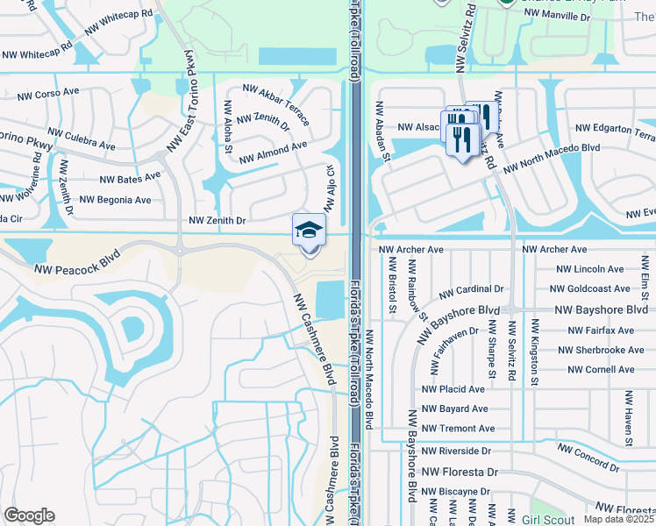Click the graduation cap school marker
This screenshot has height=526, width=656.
309,231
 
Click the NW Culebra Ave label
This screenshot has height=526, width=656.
82,139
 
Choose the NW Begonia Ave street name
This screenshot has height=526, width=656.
115,200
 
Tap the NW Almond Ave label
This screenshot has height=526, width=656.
270,149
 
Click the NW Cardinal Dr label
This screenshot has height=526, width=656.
472,288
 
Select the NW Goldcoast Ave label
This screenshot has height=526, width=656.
590,288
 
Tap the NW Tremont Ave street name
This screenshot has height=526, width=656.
458,429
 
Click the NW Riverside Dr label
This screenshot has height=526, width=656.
456,451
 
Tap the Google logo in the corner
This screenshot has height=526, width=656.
29,515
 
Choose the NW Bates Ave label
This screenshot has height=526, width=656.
130,178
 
